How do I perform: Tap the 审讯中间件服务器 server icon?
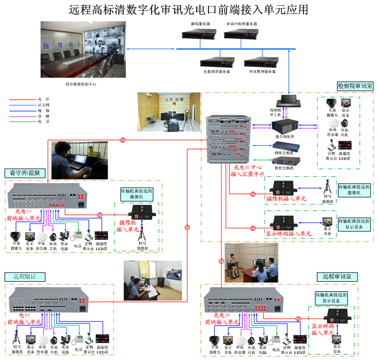[x=241, y=34]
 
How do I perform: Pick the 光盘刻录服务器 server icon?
[x=217, y=62]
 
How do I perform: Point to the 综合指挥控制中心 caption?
[x=80, y=84]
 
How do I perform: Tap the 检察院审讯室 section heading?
[x=355, y=86]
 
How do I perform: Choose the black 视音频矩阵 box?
[x=285, y=125]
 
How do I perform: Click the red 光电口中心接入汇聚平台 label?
[x=247, y=171]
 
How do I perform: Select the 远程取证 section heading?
[x=21, y=276]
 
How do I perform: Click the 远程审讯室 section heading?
[x=336, y=276]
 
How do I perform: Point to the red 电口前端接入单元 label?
[x=25, y=318]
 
